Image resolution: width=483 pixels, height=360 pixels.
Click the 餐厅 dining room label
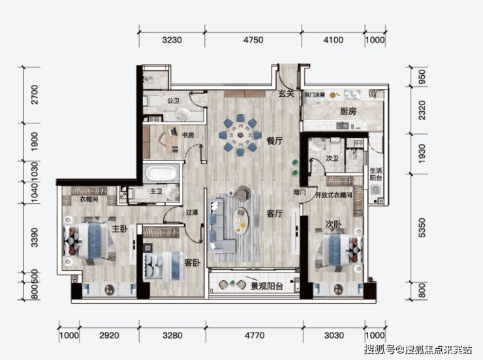(x=274, y=141)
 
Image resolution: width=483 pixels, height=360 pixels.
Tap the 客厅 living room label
(x=274, y=213)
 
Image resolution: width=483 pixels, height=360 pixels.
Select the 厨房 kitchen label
(x=348, y=111)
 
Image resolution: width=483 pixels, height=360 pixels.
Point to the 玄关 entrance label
(x=286, y=93)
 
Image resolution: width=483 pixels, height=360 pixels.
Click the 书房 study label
(x=188, y=135)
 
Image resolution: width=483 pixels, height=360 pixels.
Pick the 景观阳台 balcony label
(x=267, y=286)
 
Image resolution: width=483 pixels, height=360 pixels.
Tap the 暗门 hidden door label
(x=300, y=192)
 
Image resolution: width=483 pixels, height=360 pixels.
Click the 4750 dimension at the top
(x=253, y=40)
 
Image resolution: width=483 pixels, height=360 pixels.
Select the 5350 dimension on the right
(x=422, y=228)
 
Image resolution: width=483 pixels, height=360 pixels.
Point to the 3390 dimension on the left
(x=34, y=238)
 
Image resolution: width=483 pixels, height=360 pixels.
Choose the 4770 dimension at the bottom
(x=255, y=335)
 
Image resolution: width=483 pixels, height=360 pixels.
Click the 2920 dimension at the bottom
(x=109, y=335)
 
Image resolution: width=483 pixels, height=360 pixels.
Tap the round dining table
(x=240, y=135)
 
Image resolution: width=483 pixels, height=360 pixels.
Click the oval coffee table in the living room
(x=241, y=221)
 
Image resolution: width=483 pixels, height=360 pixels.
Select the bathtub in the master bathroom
(x=161, y=173)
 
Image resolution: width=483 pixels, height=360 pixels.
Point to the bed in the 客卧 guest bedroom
(x=163, y=267)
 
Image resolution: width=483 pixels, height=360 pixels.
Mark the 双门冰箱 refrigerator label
(x=315, y=95)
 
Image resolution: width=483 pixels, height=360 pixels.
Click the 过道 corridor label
(x=192, y=212)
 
